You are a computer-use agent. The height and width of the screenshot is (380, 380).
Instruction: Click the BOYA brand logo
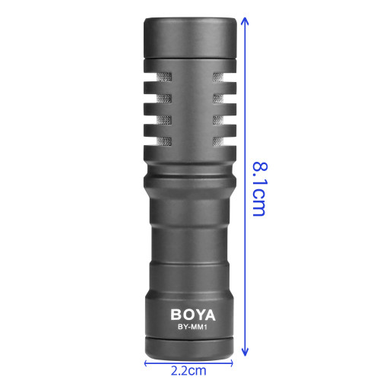click(193, 315)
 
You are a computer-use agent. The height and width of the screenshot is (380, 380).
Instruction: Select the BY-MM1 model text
click(192, 327)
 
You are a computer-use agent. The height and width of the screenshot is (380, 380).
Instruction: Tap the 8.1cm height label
click(260, 189)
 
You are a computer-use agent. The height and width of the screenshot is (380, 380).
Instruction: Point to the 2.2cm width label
click(188, 371)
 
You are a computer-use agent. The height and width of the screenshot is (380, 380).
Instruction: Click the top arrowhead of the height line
click(245, 21)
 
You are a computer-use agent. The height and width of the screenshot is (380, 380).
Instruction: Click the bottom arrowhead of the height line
click(245, 352)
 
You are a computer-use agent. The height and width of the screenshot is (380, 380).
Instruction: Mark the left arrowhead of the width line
click(146, 363)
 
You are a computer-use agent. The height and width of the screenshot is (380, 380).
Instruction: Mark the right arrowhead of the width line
click(231, 363)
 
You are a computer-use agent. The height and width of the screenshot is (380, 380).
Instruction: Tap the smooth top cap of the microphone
click(190, 37)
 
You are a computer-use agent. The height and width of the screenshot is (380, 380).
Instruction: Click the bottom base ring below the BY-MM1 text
click(189, 349)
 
